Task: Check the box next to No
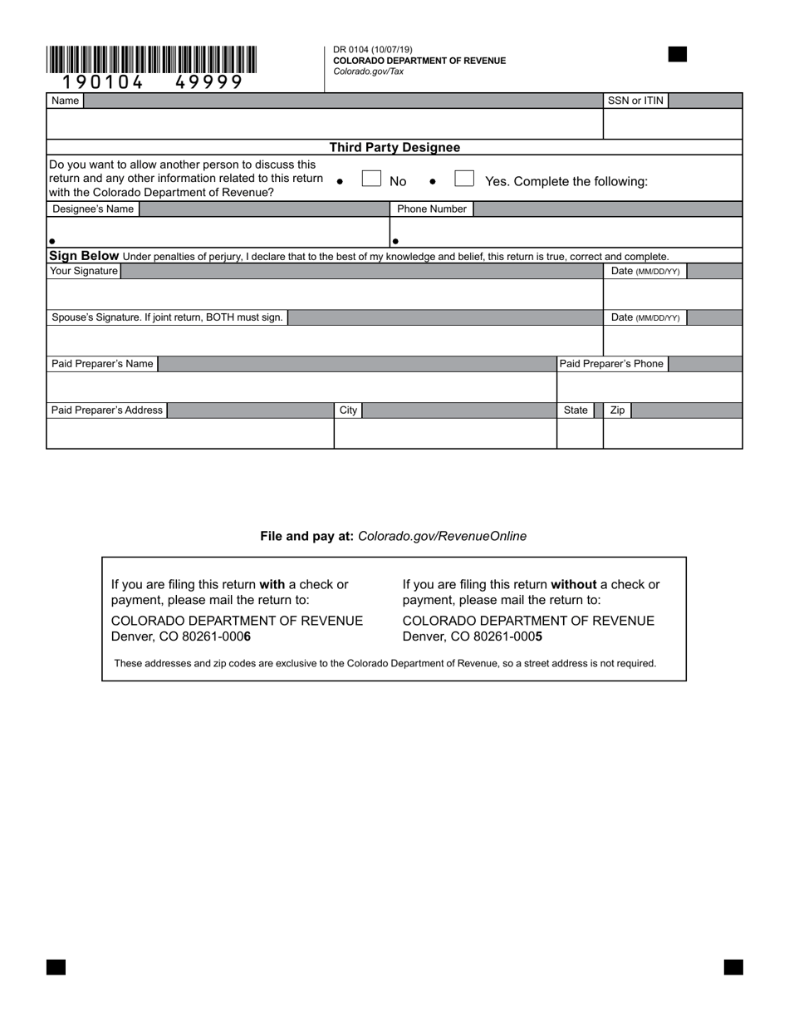coord(371,179)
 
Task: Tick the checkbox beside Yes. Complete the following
coord(464,179)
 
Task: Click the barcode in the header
coord(152,61)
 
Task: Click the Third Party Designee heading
coord(394,147)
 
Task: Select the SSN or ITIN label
coord(635,101)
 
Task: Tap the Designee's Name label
coord(93,209)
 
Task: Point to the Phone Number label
coord(431,209)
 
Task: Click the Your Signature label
coord(84,271)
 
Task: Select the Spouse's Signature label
coord(167,317)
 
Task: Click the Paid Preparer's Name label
coord(102,364)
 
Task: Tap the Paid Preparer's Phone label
coord(611,364)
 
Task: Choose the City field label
coord(348,410)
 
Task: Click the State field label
coord(576,410)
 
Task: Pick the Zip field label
coord(617,410)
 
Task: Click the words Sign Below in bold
coord(84,255)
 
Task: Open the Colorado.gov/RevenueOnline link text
coord(442,536)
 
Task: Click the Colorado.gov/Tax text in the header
coord(368,71)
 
